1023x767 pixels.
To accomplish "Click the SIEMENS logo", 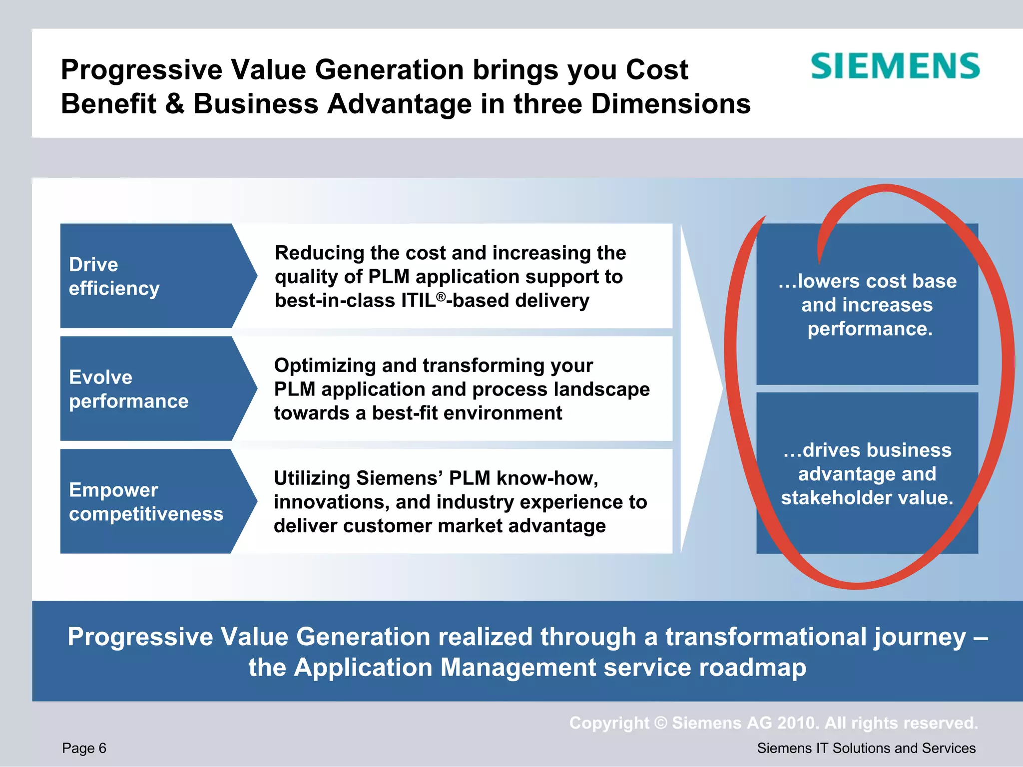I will tap(895, 66).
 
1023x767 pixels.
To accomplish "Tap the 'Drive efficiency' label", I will tap(114, 276).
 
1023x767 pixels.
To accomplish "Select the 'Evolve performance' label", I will tap(128, 389).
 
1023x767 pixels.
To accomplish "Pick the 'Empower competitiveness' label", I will tap(146, 502).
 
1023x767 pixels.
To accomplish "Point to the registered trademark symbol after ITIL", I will tap(441, 297).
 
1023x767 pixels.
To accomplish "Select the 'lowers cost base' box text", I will tap(867, 281).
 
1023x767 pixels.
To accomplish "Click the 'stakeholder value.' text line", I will tap(867, 497).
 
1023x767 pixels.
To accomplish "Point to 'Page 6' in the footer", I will tap(84, 748).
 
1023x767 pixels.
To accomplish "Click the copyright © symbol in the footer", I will tap(660, 723).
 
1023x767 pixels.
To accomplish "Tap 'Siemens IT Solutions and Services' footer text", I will tap(866, 748).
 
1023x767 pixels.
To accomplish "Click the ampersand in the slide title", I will tap(174, 104).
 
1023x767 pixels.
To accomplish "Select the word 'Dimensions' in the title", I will tap(671, 104).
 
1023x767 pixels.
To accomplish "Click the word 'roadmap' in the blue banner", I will tap(752, 668).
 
